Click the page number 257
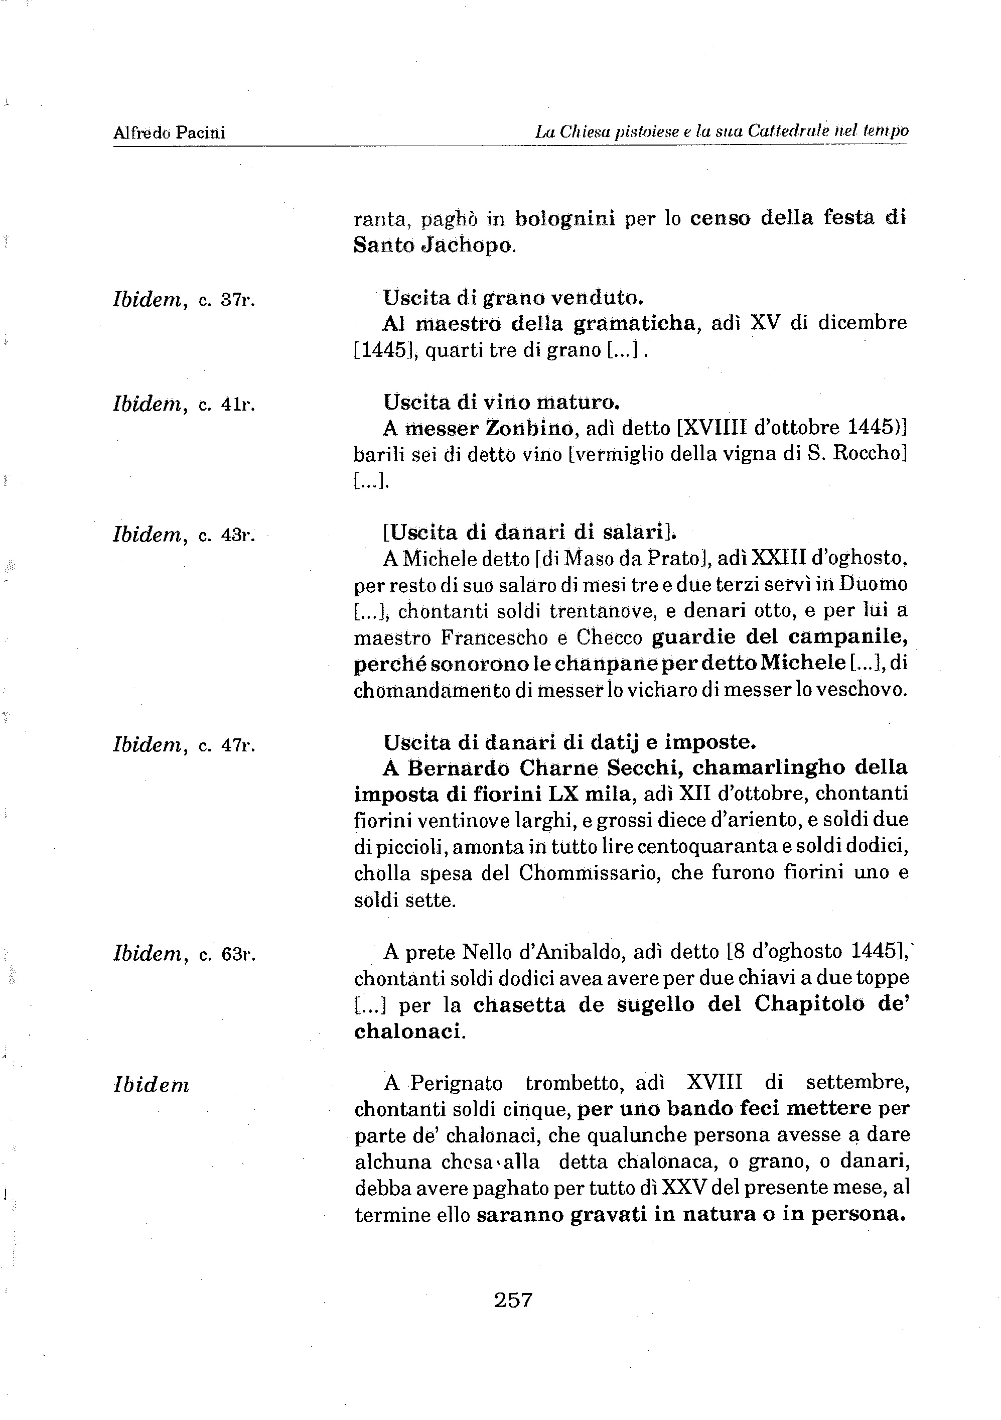click(x=513, y=1300)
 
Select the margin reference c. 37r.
click(x=226, y=301)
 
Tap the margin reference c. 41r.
click(x=226, y=405)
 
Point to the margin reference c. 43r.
click(x=226, y=535)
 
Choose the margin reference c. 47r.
click(x=226, y=745)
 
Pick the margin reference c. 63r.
click(x=226, y=955)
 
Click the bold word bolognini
click(x=564, y=218)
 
